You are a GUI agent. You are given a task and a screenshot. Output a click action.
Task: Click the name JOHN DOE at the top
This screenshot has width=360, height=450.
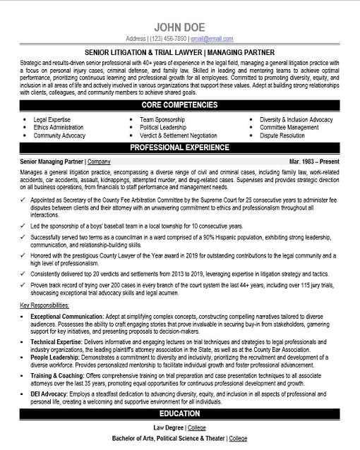pyautogui.click(x=179, y=26)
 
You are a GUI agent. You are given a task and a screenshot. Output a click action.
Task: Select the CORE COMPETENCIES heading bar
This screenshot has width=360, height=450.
pyautogui.click(x=179, y=104)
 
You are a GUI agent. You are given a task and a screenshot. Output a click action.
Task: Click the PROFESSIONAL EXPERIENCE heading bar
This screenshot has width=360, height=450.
pyautogui.click(x=179, y=147)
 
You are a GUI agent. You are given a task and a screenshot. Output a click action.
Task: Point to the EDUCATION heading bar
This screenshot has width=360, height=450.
pyautogui.click(x=179, y=413)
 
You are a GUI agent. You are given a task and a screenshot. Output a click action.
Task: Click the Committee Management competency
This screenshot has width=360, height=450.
pyautogui.click(x=289, y=128)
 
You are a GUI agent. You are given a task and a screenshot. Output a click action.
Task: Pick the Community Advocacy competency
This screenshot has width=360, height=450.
pyautogui.click(x=59, y=135)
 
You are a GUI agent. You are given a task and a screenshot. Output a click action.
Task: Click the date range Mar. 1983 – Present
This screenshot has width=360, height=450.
pyautogui.click(x=314, y=161)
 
